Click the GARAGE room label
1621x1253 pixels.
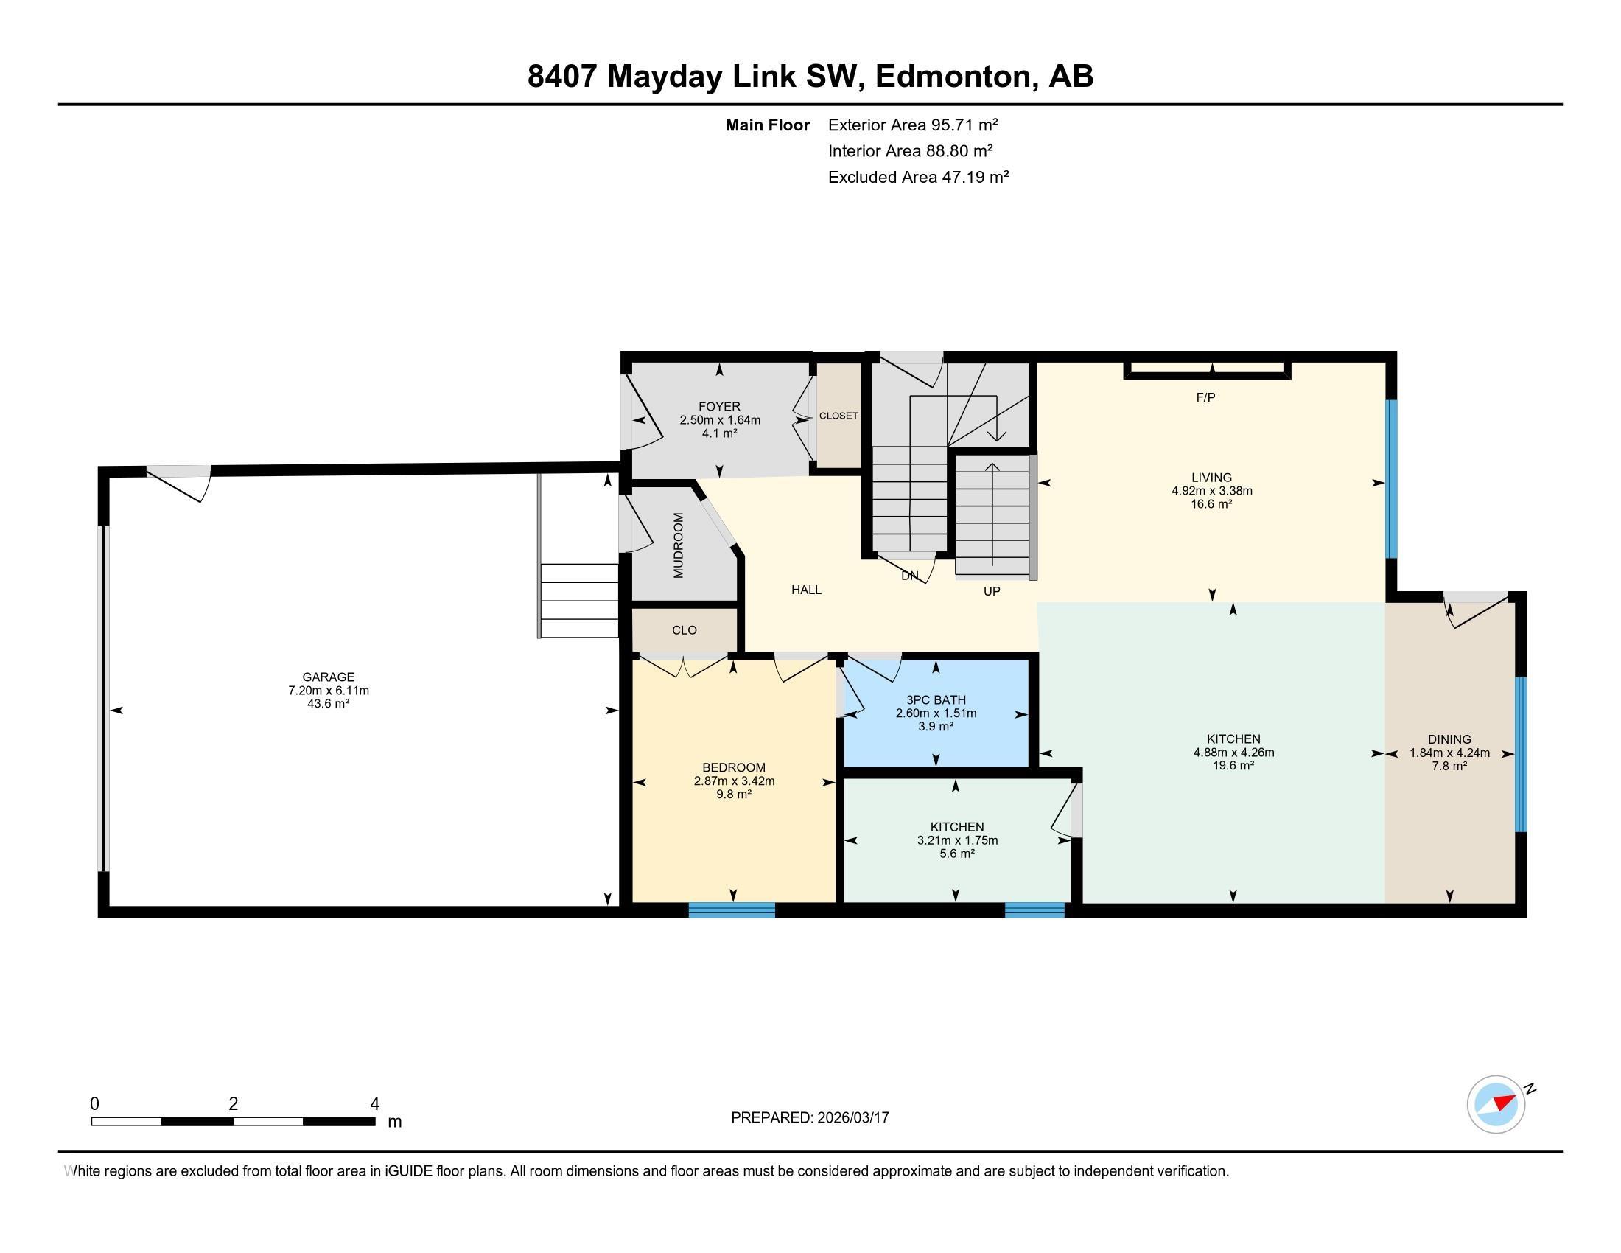coord(328,677)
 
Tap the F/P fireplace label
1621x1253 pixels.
coord(1205,398)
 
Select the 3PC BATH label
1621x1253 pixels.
coord(935,700)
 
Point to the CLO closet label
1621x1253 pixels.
coord(684,630)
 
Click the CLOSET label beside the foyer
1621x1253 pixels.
coord(838,416)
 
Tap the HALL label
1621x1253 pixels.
coord(806,590)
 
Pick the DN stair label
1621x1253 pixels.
coord(909,576)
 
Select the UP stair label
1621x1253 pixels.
coord(992,592)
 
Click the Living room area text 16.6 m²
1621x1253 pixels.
coord(1211,504)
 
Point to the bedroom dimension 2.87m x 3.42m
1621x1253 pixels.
coord(734,781)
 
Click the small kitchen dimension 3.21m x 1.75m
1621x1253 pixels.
coord(956,840)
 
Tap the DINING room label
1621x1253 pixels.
coord(1449,739)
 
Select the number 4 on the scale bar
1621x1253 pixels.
coord(375,1104)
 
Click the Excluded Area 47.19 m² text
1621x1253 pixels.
coord(918,177)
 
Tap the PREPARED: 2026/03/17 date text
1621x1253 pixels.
coord(810,1118)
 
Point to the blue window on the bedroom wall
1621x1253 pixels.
coord(731,910)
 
